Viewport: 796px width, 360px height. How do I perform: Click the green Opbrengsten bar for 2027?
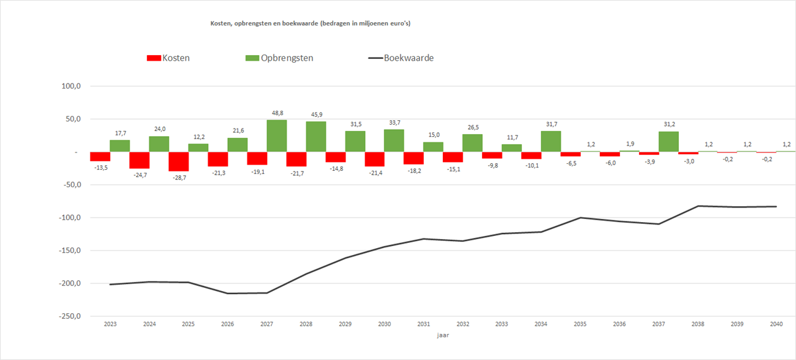pos(277,136)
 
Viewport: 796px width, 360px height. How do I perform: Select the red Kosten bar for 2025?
pos(178,161)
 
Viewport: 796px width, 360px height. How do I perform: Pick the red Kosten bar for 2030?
pos(374,159)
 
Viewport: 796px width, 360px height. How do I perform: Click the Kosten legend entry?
pos(168,58)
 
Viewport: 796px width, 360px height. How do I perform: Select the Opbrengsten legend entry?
pos(279,58)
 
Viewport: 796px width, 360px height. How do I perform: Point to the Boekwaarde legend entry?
pos(401,58)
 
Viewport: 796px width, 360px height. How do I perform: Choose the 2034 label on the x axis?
pos(541,324)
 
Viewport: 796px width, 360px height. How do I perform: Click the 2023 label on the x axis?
pos(110,324)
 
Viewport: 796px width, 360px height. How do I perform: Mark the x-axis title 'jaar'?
pos(443,336)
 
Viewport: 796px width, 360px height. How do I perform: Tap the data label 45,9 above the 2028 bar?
pos(316,114)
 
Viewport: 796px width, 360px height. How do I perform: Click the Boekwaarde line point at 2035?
pos(580,218)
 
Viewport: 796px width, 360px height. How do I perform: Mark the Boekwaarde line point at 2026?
pos(228,293)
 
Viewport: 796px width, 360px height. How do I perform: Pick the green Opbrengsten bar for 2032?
pos(473,143)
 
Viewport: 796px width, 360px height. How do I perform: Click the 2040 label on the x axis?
pos(776,324)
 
